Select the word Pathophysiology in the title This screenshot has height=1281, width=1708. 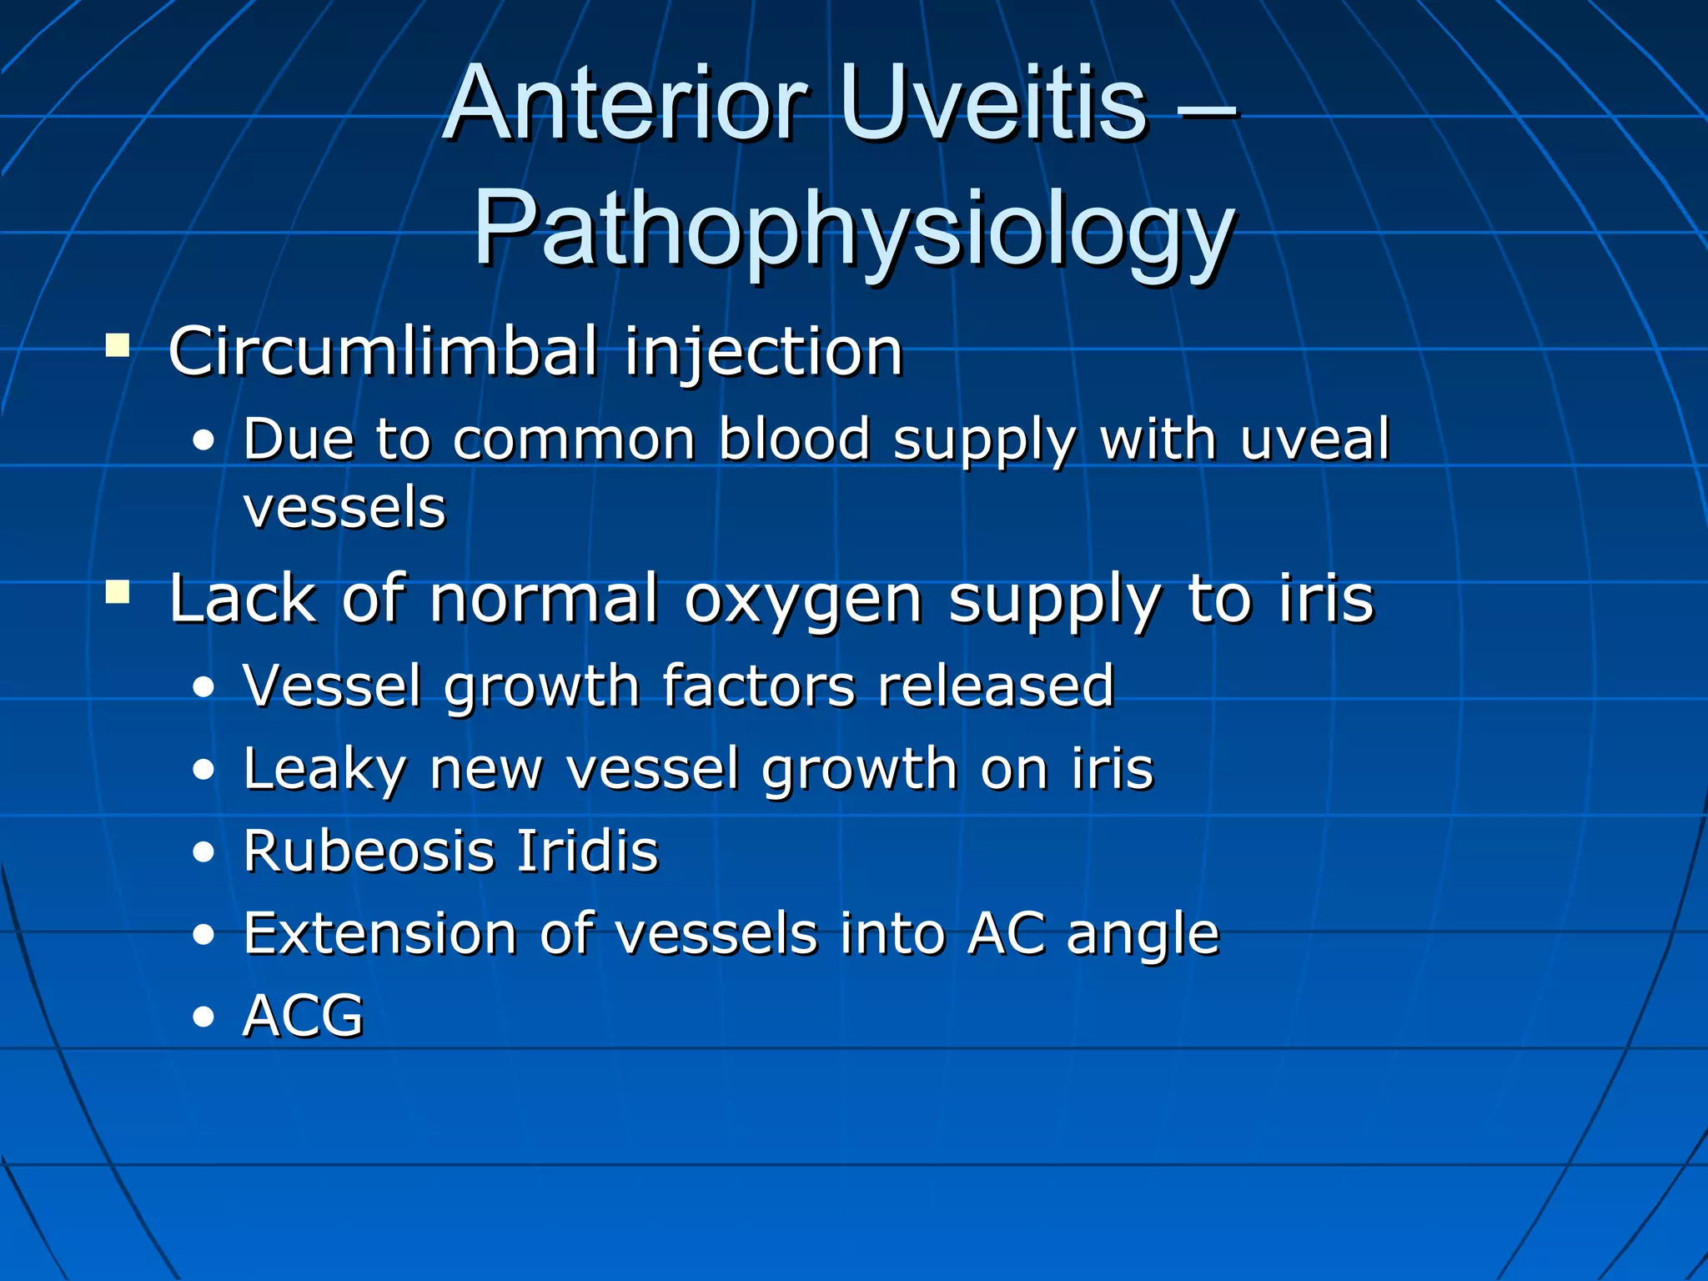(853, 229)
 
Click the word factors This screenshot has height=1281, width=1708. (759, 686)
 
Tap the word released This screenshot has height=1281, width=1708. (996, 686)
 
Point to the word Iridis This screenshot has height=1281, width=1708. (587, 851)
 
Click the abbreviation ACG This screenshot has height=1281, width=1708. (303, 1016)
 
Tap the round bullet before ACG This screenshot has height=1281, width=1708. (203, 1017)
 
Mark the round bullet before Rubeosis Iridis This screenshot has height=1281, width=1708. (203, 853)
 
